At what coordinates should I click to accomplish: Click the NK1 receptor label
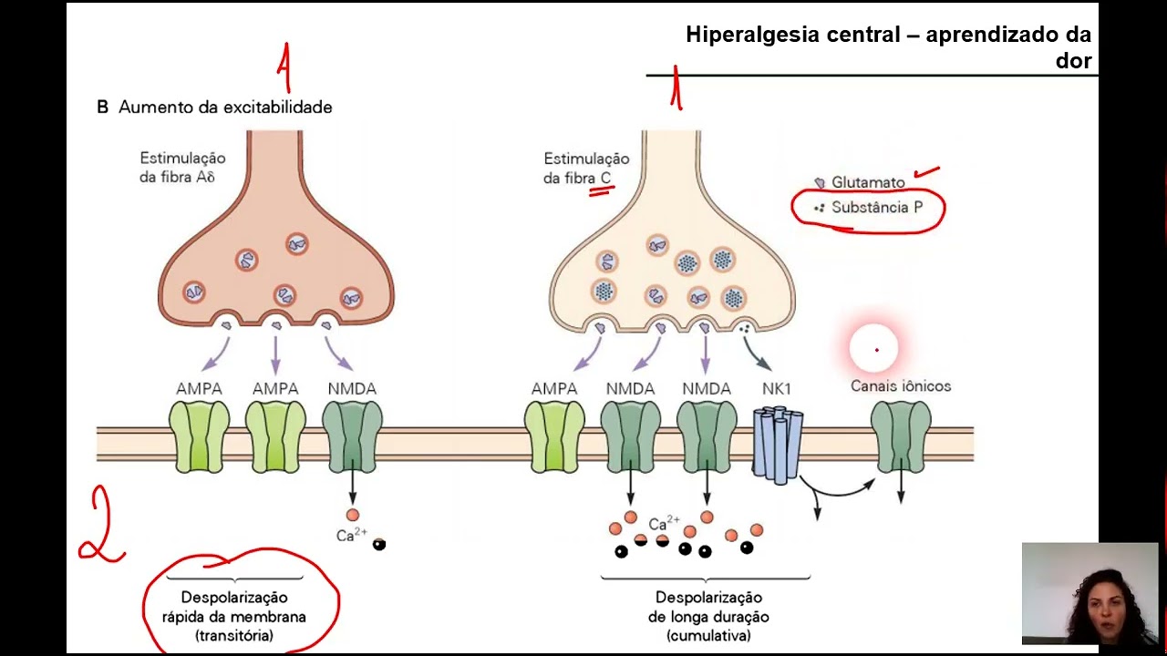pyautogui.click(x=776, y=389)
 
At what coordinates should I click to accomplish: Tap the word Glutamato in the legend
pyautogui.click(x=868, y=183)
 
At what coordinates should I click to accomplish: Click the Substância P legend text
pyautogui.click(x=877, y=207)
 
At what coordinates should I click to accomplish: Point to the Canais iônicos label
pyautogui.click(x=901, y=385)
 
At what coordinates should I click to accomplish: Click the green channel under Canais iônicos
pyautogui.click(x=901, y=437)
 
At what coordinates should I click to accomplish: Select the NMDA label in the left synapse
pyautogui.click(x=352, y=389)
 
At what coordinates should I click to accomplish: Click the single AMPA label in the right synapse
pyautogui.click(x=554, y=389)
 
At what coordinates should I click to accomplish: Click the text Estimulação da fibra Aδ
pyautogui.click(x=182, y=167)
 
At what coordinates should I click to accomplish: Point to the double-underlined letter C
pyautogui.click(x=605, y=178)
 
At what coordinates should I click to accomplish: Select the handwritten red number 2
pyautogui.click(x=101, y=526)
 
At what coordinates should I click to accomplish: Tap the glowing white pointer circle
pyautogui.click(x=873, y=348)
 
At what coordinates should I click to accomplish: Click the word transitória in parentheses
pyautogui.click(x=234, y=636)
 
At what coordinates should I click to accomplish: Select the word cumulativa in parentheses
pyautogui.click(x=708, y=636)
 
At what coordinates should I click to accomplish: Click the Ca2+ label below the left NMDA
pyautogui.click(x=352, y=534)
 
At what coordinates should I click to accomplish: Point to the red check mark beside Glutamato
pyautogui.click(x=927, y=172)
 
